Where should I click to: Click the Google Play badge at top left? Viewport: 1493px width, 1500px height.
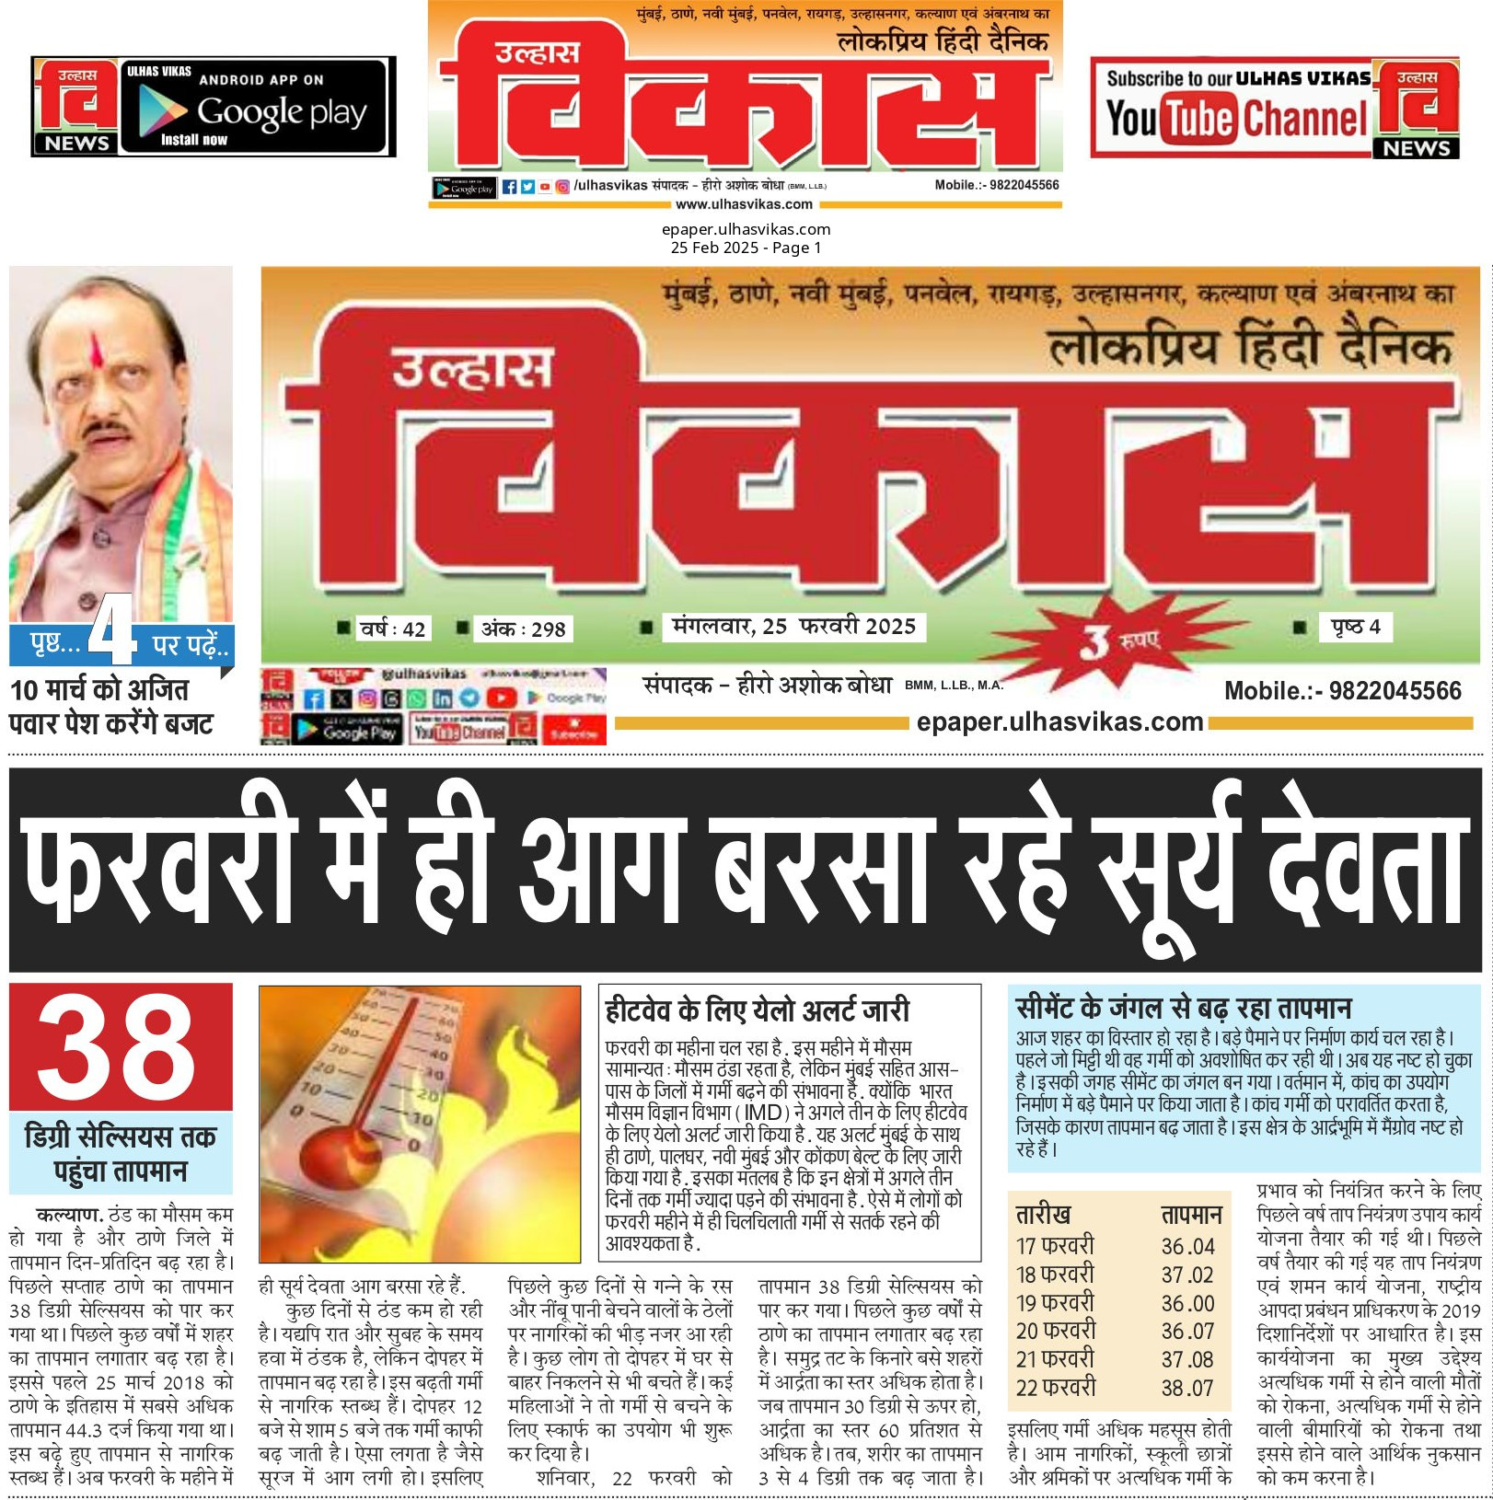click(x=254, y=107)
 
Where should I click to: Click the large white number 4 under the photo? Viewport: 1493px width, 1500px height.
click(x=113, y=630)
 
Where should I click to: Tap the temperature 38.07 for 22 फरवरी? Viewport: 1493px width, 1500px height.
click(x=1187, y=1388)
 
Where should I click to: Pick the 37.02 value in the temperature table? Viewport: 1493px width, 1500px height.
click(x=1187, y=1275)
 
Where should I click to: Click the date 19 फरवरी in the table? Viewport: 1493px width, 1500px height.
click(x=1055, y=1303)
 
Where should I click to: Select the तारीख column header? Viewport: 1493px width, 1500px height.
click(x=1043, y=1215)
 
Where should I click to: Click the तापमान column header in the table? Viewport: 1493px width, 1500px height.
click(x=1191, y=1215)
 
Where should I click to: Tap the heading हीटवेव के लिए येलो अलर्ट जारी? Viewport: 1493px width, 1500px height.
click(x=757, y=1010)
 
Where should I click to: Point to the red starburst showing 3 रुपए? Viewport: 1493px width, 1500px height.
click(x=1113, y=640)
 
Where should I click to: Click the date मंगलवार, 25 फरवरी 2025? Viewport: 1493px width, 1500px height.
click(x=793, y=627)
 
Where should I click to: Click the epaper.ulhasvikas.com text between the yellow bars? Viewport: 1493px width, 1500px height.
click(x=1059, y=722)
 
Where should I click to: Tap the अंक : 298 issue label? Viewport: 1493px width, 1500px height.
click(x=523, y=629)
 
